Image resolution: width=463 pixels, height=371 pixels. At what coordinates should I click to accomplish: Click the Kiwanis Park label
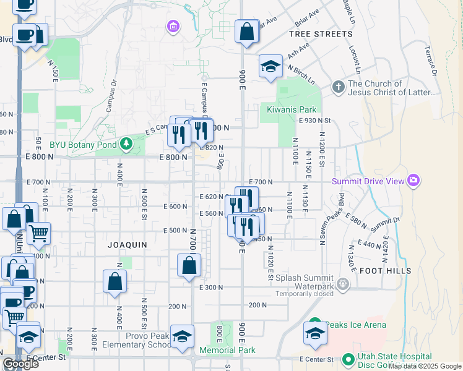(x=292, y=109)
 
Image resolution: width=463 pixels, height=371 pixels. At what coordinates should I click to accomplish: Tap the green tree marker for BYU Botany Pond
(x=127, y=145)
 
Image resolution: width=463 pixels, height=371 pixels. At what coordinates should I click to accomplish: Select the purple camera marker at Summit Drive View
(x=413, y=181)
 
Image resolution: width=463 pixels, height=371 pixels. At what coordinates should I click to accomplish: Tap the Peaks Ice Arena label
(x=357, y=325)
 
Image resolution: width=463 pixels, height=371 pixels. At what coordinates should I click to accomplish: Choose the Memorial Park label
(x=227, y=350)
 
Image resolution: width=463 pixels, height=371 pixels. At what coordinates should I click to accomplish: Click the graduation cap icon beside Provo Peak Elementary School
(x=182, y=337)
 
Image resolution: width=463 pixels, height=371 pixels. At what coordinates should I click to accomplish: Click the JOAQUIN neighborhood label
(x=128, y=245)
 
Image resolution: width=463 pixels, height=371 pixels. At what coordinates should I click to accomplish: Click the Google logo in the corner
(x=20, y=364)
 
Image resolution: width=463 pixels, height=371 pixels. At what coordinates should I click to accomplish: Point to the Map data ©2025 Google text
(x=425, y=366)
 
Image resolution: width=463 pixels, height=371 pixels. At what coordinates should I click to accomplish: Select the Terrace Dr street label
(x=431, y=61)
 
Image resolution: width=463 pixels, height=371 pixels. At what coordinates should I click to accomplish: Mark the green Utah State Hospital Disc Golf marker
(x=348, y=358)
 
